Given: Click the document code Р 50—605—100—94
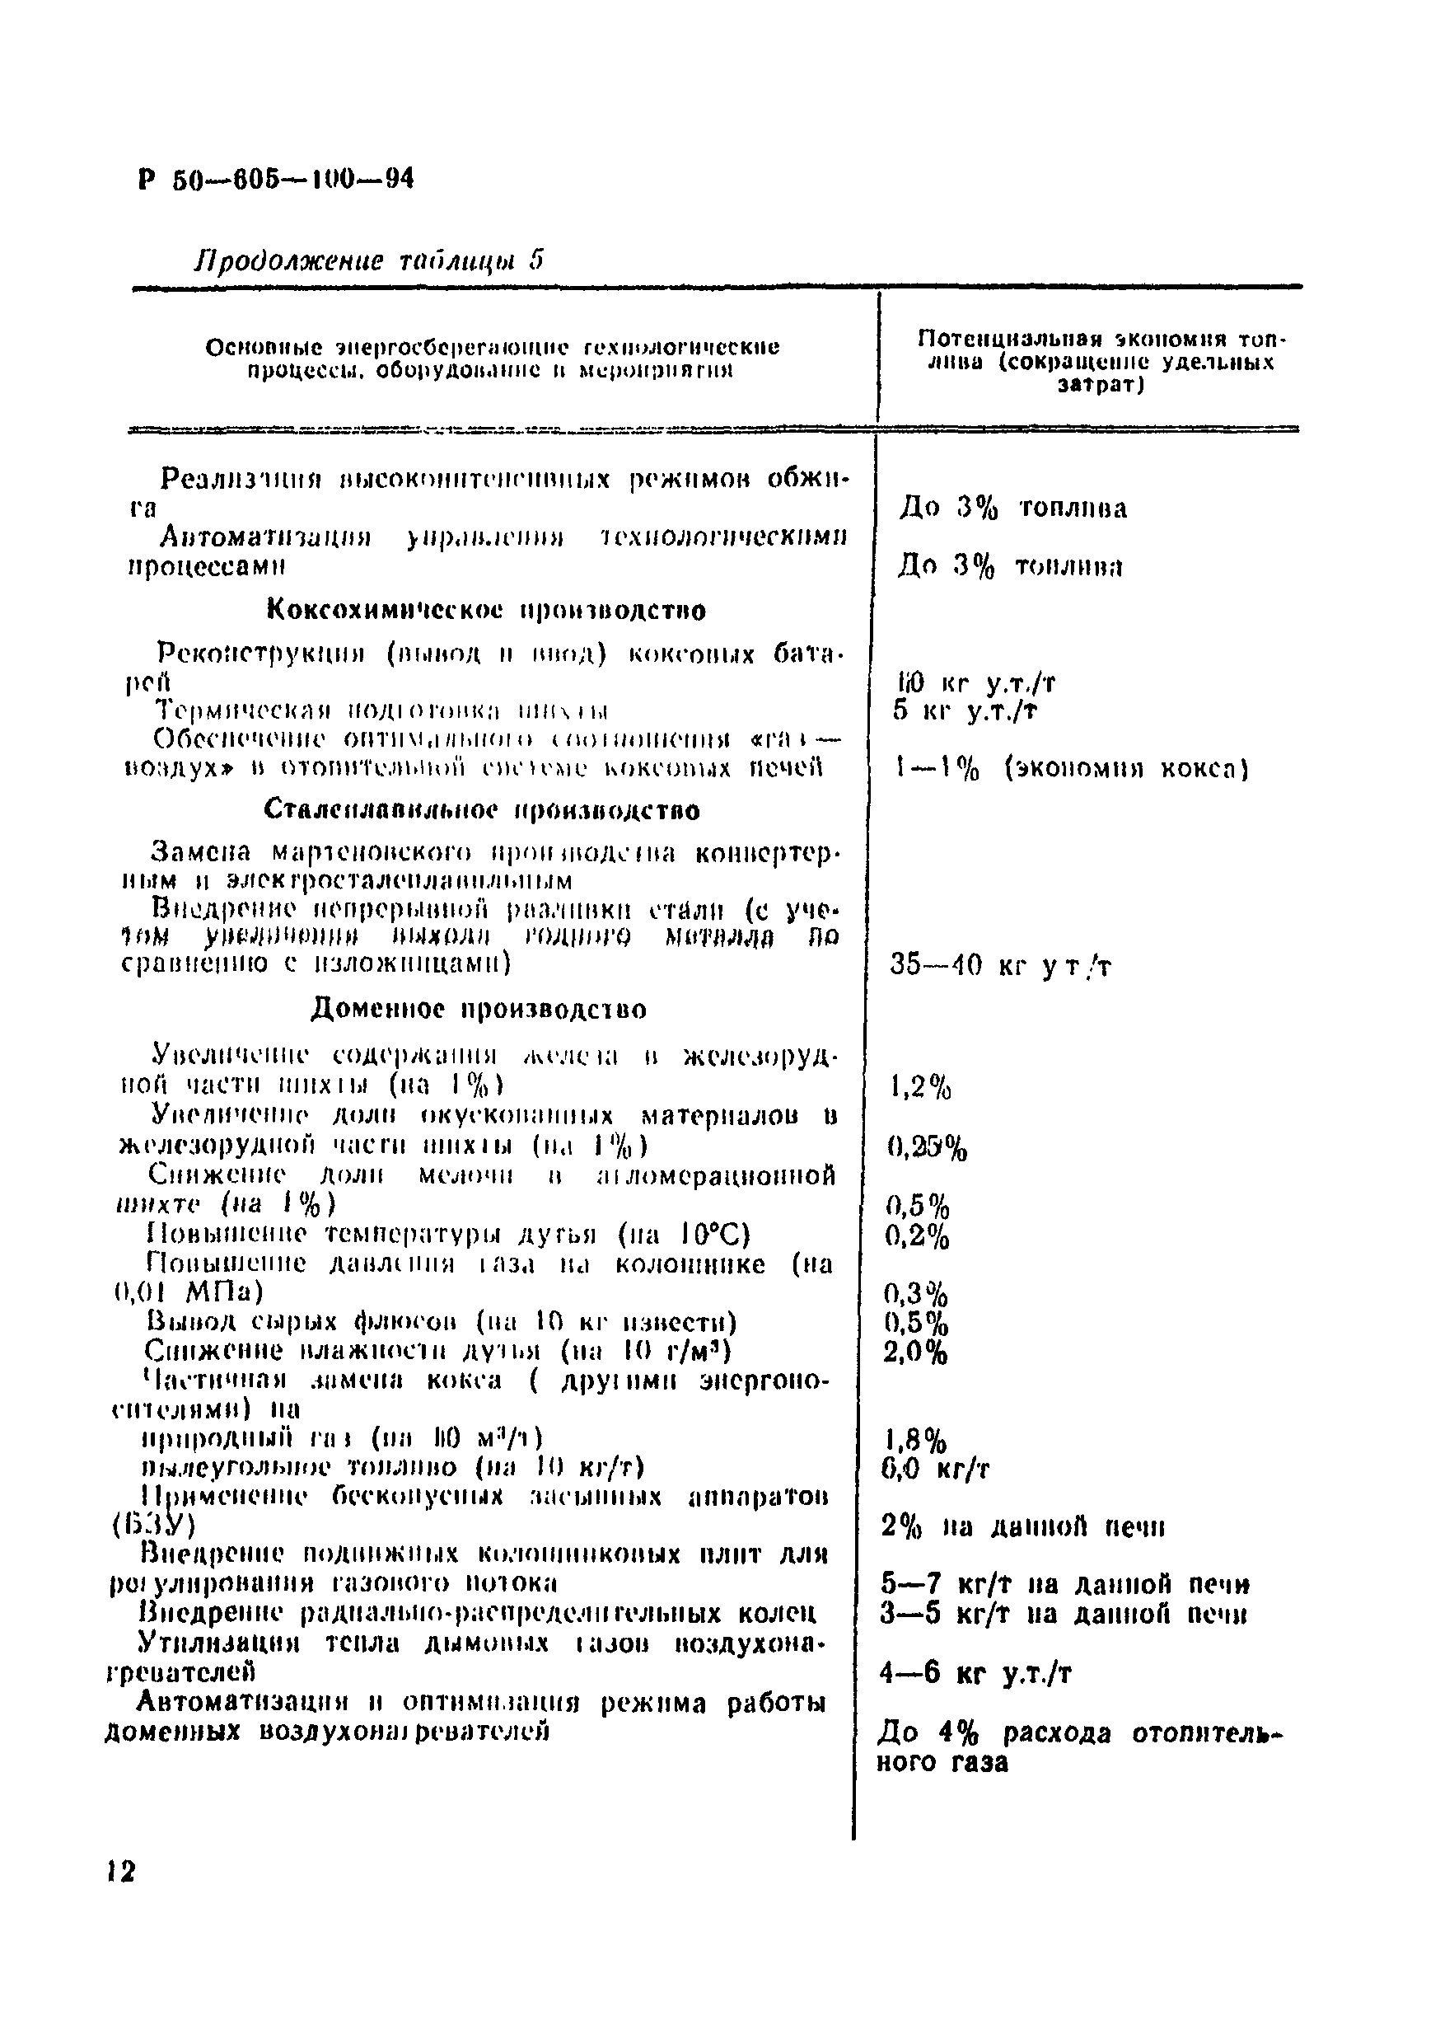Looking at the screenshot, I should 276,180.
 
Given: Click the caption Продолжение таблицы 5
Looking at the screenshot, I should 368,260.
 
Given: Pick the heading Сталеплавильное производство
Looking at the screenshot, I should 483,810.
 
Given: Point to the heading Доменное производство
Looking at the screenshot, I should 479,1009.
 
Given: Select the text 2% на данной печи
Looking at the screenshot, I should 1022,1526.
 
